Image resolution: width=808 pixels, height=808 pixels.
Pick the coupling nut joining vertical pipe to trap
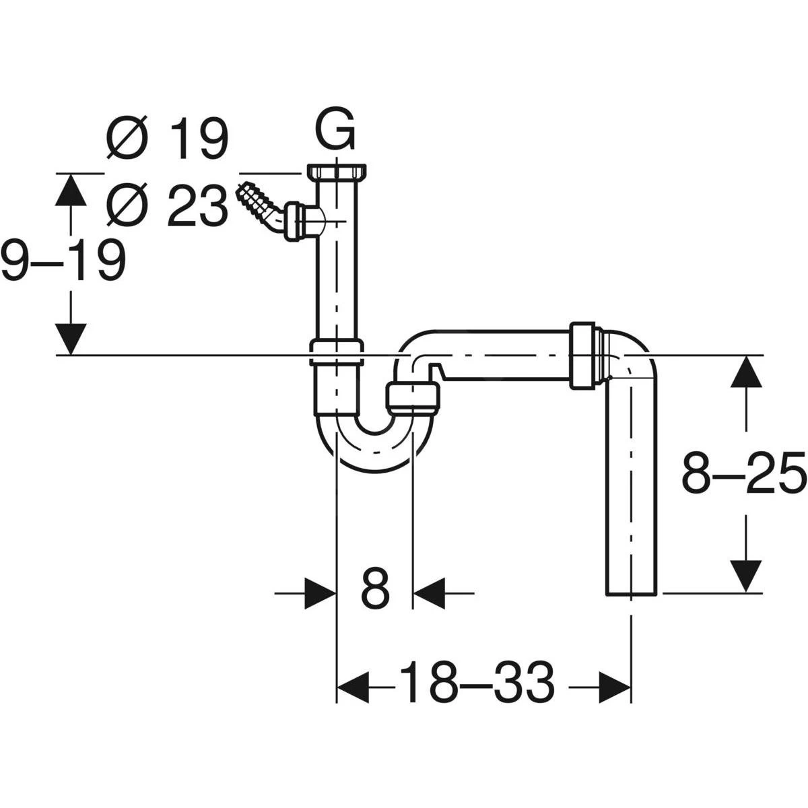click(337, 353)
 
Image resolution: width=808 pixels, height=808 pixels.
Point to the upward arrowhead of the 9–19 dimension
click(71, 189)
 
